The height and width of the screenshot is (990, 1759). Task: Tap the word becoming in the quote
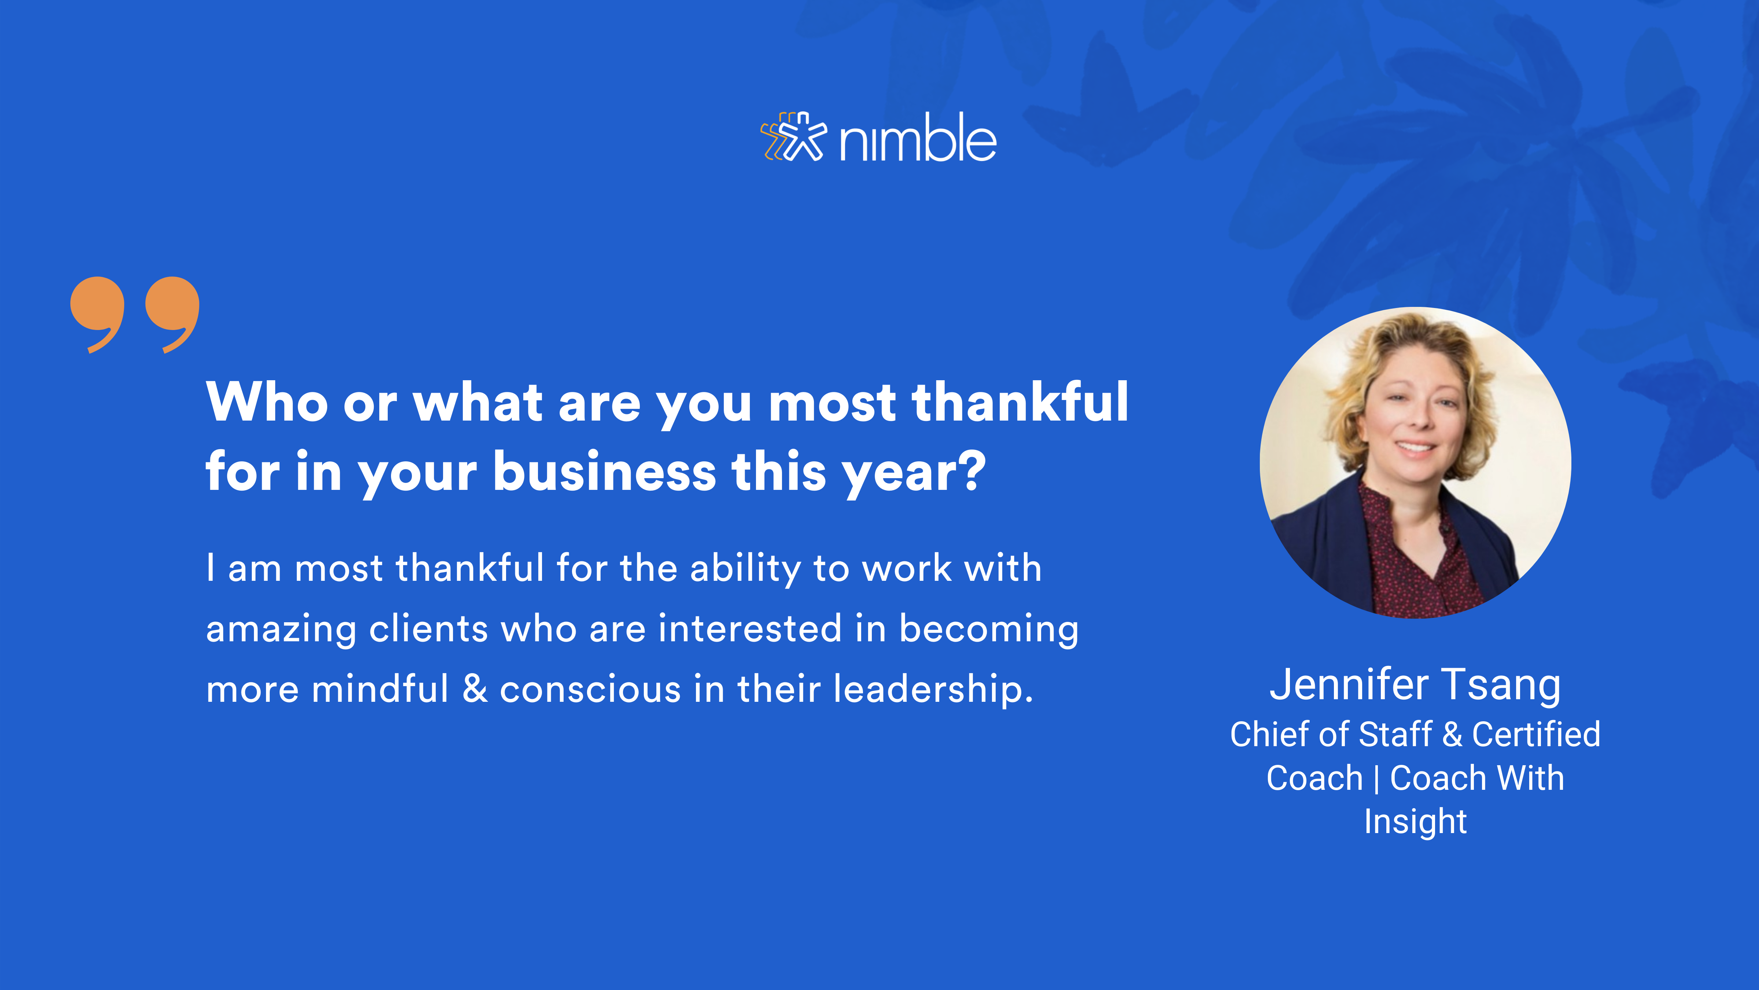coord(988,628)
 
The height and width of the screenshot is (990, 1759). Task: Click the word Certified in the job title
coord(1536,734)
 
